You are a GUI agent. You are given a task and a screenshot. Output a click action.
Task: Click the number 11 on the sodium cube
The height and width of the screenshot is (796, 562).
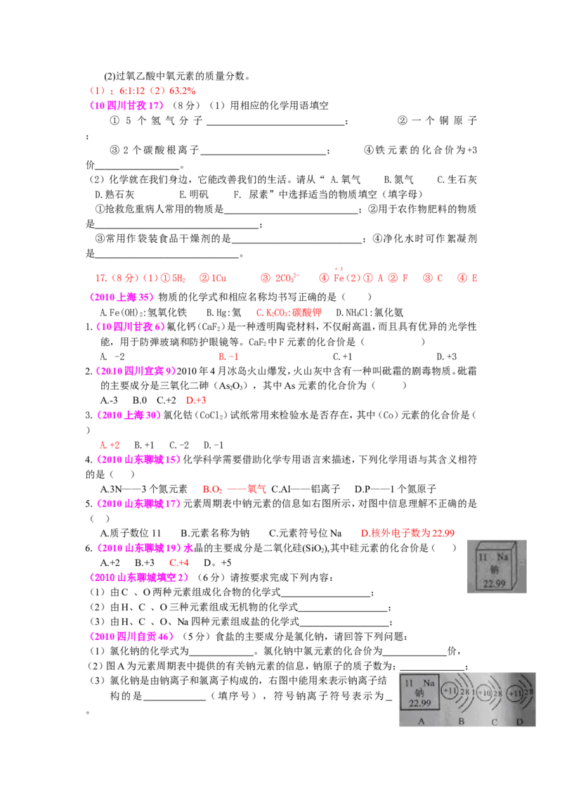pos(483,558)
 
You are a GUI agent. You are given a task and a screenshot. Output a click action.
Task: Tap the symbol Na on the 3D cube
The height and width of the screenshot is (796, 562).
pos(502,558)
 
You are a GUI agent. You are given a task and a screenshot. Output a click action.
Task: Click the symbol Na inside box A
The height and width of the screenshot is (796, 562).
pos(428,683)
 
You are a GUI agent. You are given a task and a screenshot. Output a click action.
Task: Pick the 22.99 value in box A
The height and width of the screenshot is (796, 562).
pos(419,703)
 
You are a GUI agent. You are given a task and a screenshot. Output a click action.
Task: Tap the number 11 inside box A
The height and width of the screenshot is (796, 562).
pos(409,683)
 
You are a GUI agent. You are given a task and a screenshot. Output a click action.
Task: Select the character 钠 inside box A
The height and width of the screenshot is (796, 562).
pos(419,693)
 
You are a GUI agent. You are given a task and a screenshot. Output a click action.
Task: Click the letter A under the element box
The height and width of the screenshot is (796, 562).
pos(421,721)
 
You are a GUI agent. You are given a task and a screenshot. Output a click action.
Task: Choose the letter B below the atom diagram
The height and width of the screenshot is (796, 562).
pos(461,721)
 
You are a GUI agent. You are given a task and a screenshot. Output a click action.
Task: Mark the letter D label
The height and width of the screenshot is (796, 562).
pos(520,721)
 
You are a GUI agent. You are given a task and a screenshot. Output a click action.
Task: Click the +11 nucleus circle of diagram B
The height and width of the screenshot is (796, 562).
pos(450,692)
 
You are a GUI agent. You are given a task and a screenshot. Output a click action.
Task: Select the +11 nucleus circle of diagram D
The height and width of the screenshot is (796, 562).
pos(516,693)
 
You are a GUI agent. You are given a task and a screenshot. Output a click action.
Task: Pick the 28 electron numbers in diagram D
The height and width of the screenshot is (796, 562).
pos(529,692)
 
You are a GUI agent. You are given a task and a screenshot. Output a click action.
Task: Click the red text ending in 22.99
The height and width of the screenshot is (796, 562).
pos(407,534)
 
